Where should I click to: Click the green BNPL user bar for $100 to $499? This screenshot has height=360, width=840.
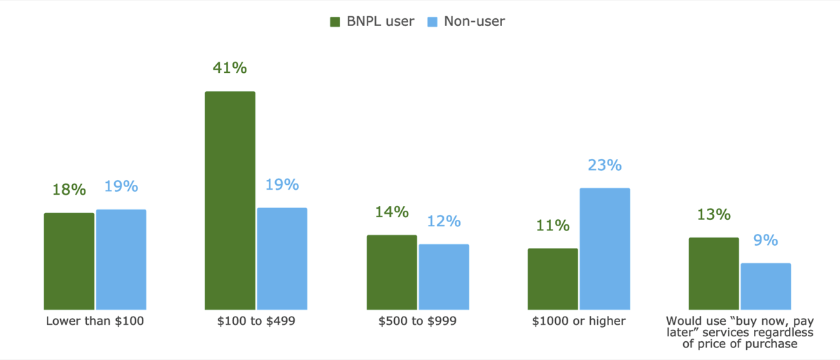(x=230, y=200)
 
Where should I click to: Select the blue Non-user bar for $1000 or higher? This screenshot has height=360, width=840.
(x=605, y=249)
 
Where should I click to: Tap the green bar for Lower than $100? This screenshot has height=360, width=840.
(x=69, y=261)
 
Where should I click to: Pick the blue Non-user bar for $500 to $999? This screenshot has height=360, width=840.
(x=444, y=277)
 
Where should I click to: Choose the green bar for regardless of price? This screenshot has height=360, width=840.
(x=713, y=273)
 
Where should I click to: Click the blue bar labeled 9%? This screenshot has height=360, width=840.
(x=766, y=286)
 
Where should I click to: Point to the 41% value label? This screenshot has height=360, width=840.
(x=230, y=68)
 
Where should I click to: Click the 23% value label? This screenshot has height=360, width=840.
(x=605, y=165)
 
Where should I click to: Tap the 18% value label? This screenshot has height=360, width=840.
(x=69, y=189)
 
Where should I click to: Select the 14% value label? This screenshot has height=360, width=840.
(x=391, y=212)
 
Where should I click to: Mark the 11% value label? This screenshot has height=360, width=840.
(x=552, y=225)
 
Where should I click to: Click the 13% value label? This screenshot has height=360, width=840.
(x=713, y=214)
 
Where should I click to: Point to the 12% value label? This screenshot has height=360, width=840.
(x=444, y=221)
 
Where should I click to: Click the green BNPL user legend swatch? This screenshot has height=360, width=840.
(x=335, y=22)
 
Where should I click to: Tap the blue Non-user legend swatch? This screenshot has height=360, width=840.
(x=432, y=22)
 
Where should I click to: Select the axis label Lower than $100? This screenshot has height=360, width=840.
(x=94, y=321)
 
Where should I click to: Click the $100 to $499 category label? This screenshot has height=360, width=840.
(x=256, y=321)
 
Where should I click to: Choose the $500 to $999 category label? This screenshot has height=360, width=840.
(x=417, y=321)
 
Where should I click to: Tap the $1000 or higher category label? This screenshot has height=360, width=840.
(x=578, y=321)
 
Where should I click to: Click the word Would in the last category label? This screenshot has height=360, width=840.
(x=682, y=321)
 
